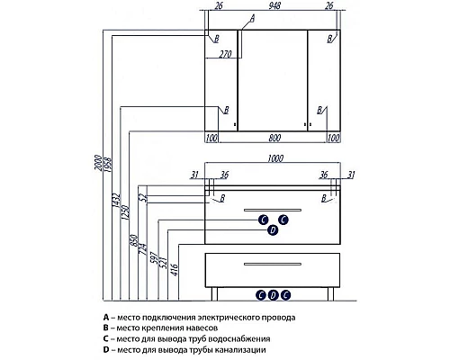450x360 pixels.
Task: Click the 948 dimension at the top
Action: point(274,5)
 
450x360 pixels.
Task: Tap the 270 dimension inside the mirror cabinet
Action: point(225,54)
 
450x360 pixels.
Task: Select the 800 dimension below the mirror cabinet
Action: point(274,138)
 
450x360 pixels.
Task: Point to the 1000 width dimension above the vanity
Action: point(275,158)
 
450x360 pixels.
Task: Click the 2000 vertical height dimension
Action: point(98,163)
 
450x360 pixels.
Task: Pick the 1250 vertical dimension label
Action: point(126,212)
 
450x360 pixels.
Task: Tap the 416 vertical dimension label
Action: point(175,270)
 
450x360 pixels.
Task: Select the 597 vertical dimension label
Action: point(154,257)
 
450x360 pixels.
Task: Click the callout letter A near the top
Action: point(252,19)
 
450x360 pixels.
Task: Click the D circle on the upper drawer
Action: point(273,230)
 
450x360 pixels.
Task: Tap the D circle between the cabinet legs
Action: point(273,295)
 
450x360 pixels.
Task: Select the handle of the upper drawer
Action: point(273,210)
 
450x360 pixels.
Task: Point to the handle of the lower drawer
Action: point(273,265)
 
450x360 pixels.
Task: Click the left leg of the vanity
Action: point(214,293)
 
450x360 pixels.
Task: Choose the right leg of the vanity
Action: point(330,293)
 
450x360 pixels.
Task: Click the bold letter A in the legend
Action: point(105,317)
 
